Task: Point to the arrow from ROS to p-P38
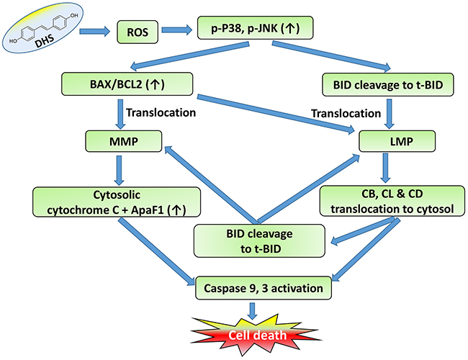click(178, 32)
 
